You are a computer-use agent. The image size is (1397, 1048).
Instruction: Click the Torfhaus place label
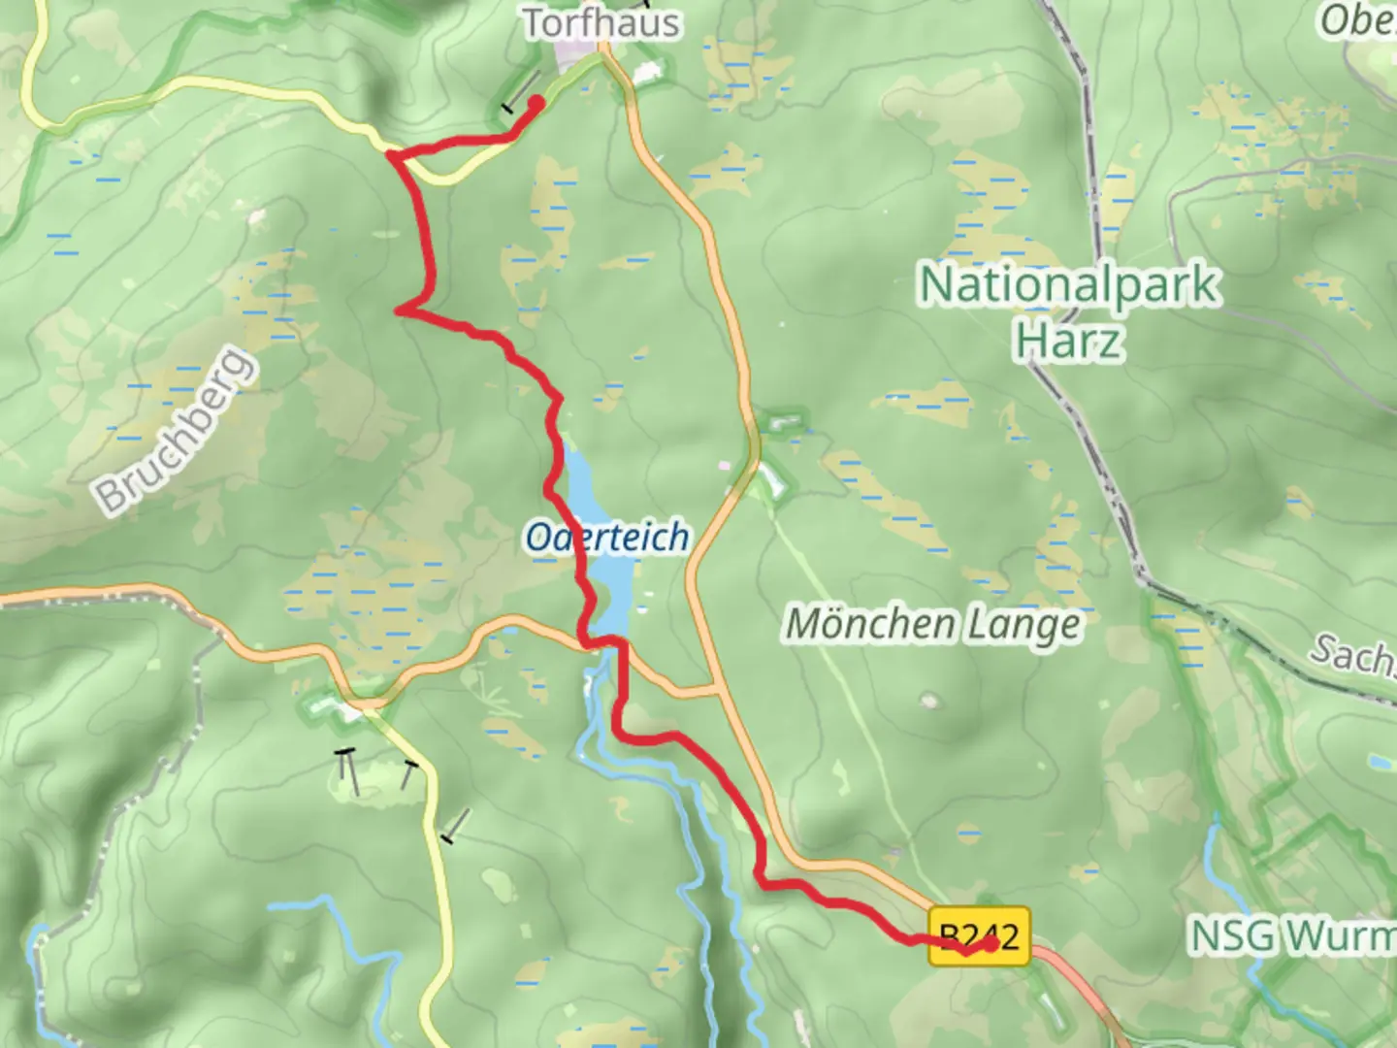pos(601,23)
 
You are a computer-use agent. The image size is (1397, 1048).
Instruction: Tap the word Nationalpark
pos(1068,284)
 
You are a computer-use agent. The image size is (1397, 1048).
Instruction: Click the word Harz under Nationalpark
pos(1070,341)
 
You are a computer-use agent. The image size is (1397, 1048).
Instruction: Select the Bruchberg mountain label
pos(177,430)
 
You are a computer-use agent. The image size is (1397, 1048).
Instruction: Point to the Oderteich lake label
pos(608,537)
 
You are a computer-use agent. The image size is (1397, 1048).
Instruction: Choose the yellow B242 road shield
pos(980,935)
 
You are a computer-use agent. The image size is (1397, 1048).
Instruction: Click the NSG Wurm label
pos(1292,935)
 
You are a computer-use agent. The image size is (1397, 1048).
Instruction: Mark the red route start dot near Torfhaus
pos(536,101)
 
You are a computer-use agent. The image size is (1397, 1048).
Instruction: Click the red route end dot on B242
pos(991,942)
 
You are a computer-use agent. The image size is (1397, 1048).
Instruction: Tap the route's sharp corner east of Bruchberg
pos(400,311)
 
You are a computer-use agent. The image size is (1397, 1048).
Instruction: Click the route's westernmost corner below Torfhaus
pos(390,154)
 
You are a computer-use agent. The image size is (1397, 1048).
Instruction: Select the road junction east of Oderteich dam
pos(717,691)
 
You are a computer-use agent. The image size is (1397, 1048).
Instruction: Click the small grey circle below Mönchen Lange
pos(932,700)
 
